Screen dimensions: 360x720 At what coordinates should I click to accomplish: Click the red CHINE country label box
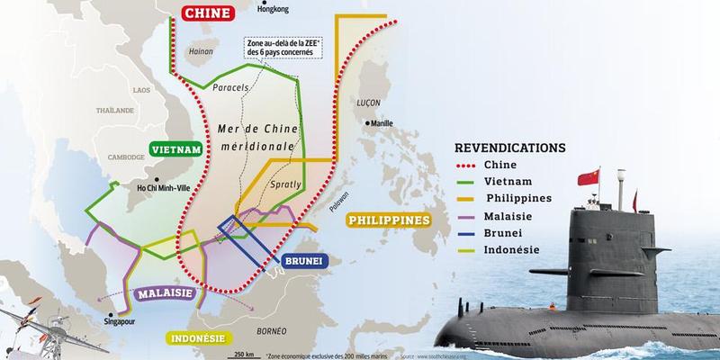[208, 13]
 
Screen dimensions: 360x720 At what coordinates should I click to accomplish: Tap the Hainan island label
[199, 52]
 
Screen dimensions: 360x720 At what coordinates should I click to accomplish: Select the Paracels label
[232, 87]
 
